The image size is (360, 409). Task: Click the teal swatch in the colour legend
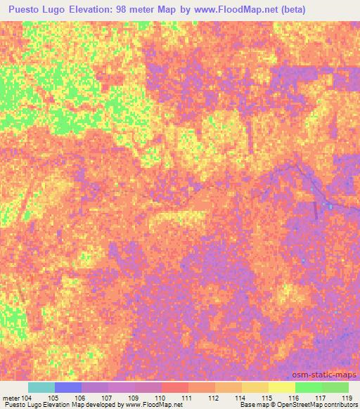41,387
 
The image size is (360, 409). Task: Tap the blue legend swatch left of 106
68,387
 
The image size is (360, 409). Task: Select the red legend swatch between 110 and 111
175,387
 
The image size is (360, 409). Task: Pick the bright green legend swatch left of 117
309,387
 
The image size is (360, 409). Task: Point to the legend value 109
134,397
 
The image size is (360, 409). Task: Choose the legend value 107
107,397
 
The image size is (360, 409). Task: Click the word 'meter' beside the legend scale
11,397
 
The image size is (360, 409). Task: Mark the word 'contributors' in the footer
339,405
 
